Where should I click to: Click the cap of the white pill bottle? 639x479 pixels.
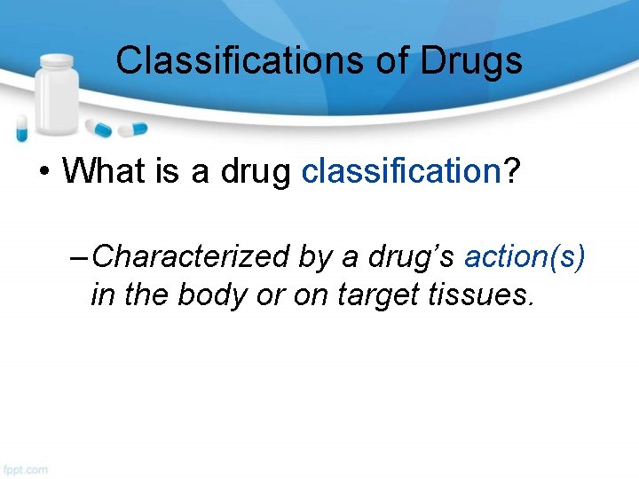(59, 62)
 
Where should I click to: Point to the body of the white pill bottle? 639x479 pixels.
(59, 102)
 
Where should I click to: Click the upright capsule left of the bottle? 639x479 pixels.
(22, 129)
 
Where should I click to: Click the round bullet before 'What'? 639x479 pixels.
(43, 170)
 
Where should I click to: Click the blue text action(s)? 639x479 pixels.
(525, 257)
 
